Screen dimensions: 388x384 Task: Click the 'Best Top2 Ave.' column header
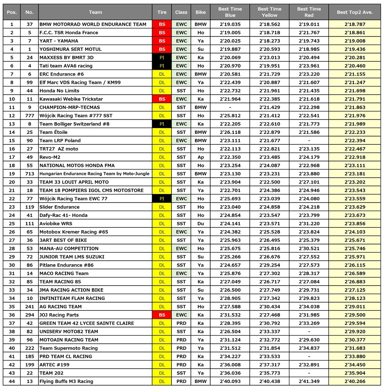[x=355, y=12]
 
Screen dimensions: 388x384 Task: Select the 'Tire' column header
[x=162, y=12]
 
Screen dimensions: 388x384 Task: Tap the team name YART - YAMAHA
[x=59, y=41]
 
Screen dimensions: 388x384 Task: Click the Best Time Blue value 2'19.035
[x=230, y=24]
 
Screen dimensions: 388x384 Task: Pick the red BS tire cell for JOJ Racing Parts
[x=162, y=315]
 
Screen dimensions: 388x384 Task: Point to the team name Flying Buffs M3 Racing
[x=66, y=381]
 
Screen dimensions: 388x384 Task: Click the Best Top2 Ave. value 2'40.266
[x=355, y=381]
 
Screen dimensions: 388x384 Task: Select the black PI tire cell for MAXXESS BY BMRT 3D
[x=162, y=57]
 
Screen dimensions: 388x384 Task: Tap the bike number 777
[x=29, y=116]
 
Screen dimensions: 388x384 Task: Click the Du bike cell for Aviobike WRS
[x=201, y=223]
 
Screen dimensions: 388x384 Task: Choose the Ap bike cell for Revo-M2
[x=201, y=157]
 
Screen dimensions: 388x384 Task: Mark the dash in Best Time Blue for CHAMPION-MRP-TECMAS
[x=230, y=107]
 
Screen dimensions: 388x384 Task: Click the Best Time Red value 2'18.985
[x=309, y=49]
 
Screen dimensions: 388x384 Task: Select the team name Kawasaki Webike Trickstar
[x=71, y=99]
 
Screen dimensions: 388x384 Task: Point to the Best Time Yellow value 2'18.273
[x=270, y=41]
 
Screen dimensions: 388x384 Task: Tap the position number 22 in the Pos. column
[x=12, y=199]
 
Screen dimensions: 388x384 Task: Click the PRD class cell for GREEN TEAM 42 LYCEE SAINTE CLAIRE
[x=181, y=323]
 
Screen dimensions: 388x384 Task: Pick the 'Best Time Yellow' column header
[x=270, y=12]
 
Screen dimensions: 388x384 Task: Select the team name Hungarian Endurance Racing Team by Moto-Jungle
[x=94, y=174]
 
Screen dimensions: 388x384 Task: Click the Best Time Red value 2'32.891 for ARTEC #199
[x=309, y=365]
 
